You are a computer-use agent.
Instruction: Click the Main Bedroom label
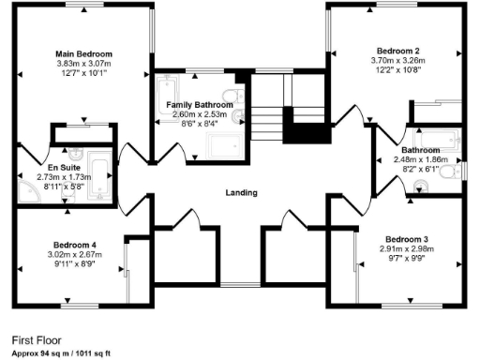[x=83, y=53]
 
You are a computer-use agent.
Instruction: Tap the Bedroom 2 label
[x=397, y=51]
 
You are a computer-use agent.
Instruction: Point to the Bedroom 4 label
[x=75, y=245]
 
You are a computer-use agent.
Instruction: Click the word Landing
[x=241, y=192]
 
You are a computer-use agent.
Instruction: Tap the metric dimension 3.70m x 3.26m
[x=397, y=60]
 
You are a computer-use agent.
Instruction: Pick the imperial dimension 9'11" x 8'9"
[x=75, y=264]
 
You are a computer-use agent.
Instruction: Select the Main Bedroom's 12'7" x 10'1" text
[x=83, y=72]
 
